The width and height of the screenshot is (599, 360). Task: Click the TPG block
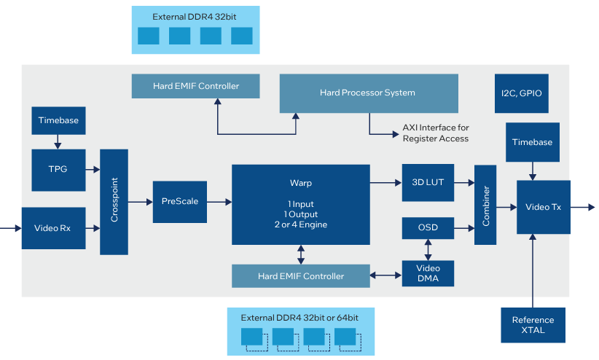[58, 168]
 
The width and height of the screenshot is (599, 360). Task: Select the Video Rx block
[54, 227]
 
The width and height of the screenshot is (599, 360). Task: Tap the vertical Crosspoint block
[114, 202]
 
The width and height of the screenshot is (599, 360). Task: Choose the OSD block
[428, 228]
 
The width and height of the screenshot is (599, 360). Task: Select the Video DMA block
[428, 273]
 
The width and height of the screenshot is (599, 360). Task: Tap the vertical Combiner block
[485, 206]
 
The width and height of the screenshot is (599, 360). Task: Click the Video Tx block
[543, 207]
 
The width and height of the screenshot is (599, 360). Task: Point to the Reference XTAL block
[533, 325]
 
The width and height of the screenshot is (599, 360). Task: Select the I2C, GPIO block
[521, 93]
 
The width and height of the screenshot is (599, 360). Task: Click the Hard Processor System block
[369, 93]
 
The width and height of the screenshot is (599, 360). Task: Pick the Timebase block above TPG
[58, 120]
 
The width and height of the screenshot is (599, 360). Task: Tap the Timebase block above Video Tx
[533, 142]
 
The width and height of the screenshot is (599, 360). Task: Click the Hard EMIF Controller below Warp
[299, 276]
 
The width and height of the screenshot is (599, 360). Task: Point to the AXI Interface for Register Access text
[436, 133]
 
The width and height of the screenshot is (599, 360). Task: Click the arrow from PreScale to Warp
[219, 202]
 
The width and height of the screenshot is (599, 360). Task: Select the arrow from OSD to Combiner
[463, 228]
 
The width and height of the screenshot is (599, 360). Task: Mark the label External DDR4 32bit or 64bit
[300, 318]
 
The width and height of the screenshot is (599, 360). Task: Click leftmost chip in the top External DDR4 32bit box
[148, 36]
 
